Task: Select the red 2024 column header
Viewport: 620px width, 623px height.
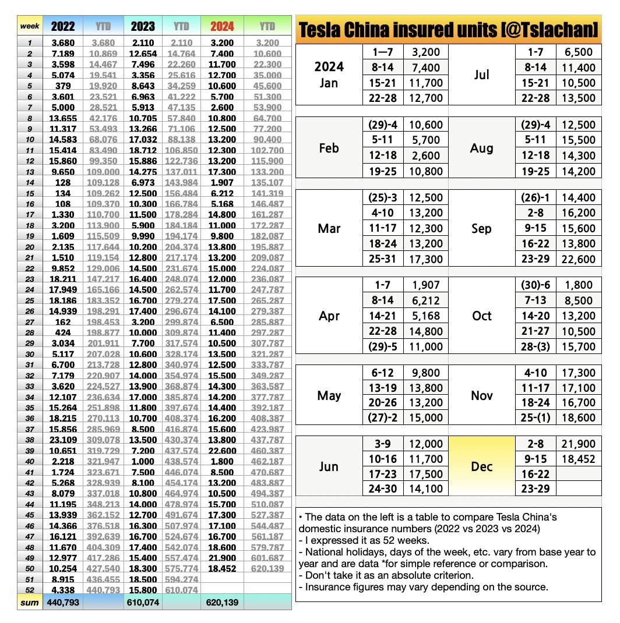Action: pos(222,26)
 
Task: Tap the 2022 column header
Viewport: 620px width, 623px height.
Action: pos(63,26)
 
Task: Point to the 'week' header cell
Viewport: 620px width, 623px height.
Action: pos(30,26)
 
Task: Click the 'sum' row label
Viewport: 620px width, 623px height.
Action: pos(30,601)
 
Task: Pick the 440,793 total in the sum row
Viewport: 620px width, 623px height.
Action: pos(63,601)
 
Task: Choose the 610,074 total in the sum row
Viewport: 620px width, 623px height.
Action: pos(143,601)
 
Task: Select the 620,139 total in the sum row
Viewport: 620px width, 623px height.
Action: pos(222,601)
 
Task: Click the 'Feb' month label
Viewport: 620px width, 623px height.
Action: pos(329,148)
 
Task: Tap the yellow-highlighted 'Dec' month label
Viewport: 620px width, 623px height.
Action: pos(482,466)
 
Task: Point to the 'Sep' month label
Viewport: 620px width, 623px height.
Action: pos(482,228)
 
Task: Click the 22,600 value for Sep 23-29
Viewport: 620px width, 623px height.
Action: pos(579,259)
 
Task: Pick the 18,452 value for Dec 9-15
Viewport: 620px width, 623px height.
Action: pos(579,459)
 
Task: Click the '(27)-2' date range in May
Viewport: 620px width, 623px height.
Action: pos(383,417)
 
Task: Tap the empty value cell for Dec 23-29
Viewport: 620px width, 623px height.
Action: pos(579,489)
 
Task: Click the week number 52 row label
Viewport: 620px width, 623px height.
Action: pos(30,590)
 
